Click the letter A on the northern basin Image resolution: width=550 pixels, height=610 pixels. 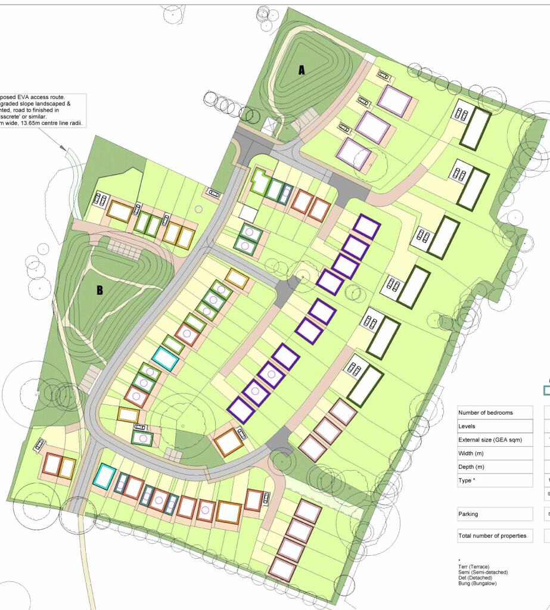click(302, 70)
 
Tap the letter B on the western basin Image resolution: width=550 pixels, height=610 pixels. click(100, 291)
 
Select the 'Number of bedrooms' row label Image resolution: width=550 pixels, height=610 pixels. click(485, 413)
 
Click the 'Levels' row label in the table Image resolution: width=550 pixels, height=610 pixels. click(467, 427)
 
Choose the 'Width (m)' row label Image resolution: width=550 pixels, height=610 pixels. click(471, 454)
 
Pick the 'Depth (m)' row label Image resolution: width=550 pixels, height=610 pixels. click(471, 467)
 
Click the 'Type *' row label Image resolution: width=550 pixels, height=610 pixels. click(467, 480)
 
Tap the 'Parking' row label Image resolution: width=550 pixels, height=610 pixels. click(468, 513)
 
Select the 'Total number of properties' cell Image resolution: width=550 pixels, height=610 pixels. click(492, 536)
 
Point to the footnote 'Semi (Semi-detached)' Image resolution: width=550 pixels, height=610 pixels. click(483, 572)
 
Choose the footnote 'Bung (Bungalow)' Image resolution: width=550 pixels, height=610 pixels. click(477, 584)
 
